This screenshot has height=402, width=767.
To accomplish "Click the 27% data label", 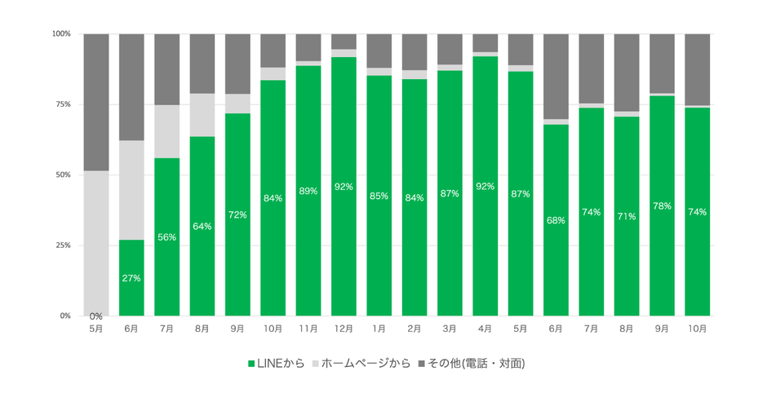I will pos(131,278).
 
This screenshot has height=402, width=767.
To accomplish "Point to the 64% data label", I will pos(202,226).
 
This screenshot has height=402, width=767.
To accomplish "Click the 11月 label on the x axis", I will pos(308,329).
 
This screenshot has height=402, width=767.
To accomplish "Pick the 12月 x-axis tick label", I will pos(344,329).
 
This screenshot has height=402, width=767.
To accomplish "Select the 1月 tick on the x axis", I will pos(379,329).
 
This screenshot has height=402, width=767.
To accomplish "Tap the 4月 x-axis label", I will pos(485,329).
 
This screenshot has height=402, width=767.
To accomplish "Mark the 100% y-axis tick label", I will pos(61,33).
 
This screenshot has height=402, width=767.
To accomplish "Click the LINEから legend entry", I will pos(275,362).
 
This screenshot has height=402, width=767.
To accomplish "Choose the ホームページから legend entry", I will pos(361,362).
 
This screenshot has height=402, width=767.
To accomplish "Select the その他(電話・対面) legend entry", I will pos(470,362).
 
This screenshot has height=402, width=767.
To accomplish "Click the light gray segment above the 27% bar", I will pos(131,190).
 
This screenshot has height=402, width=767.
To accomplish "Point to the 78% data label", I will pos(662,206).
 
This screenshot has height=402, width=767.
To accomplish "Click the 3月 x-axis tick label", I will pos(450,329).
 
